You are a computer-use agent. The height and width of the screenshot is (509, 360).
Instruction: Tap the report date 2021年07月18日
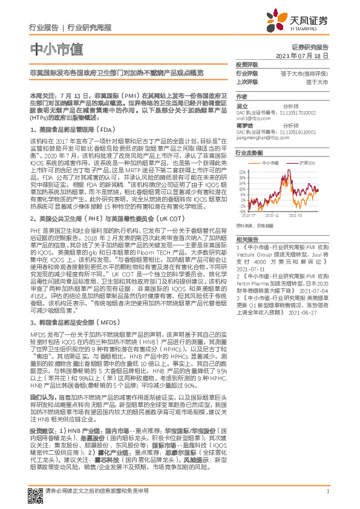[x=301, y=56]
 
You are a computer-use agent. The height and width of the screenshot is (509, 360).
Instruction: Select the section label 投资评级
[x=247, y=64]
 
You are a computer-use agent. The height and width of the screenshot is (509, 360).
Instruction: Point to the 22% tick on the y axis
[x=242, y=172]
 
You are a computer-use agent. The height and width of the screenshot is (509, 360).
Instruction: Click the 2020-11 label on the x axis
[x=272, y=215]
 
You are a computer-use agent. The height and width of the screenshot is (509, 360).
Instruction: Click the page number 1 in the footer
[x=327, y=491]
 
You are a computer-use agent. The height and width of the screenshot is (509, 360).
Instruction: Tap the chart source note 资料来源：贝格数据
[x=256, y=225]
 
